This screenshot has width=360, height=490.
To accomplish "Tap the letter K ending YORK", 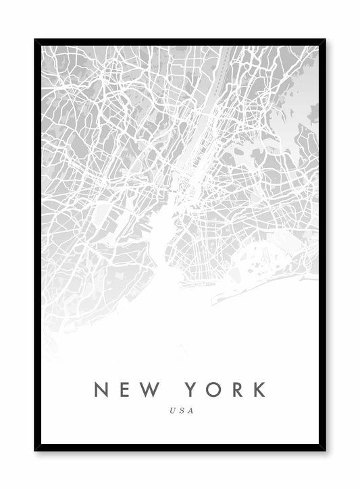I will pyautogui.click(x=259, y=389).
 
